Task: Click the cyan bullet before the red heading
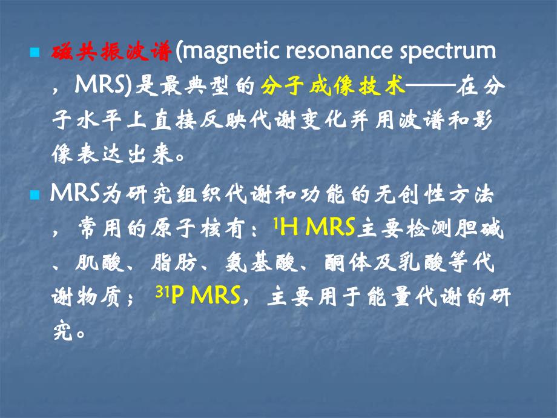[x=34, y=53]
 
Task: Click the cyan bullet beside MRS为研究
[x=34, y=196]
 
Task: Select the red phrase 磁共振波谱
[x=110, y=53]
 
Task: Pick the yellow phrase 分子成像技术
[x=332, y=87]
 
